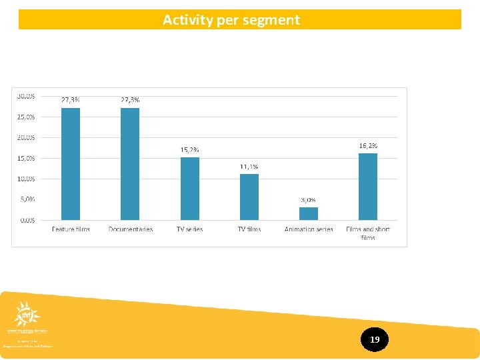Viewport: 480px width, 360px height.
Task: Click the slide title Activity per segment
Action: pos(231,20)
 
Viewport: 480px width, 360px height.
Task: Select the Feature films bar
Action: pos(71,164)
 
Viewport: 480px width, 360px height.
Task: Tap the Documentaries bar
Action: pos(130,164)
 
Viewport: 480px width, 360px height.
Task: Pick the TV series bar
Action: pos(190,189)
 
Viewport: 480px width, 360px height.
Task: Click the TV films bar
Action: pos(249,197)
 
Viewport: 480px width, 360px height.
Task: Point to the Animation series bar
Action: pos(309,213)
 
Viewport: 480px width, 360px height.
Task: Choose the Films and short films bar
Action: pos(368,187)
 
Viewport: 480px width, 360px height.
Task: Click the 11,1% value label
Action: pos(249,167)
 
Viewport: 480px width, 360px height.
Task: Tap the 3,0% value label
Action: pos(308,200)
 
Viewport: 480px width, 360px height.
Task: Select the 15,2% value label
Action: pos(190,150)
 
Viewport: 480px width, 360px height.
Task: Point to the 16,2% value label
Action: pos(368,145)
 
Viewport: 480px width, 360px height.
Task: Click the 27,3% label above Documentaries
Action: pos(130,100)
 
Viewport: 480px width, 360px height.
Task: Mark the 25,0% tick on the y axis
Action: pos(27,117)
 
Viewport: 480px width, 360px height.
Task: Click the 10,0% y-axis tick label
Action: pos(27,179)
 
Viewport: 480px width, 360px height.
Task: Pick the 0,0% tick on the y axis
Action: pos(27,220)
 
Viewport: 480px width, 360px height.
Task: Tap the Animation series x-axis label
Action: pos(309,229)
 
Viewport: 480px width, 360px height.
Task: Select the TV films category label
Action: pos(249,229)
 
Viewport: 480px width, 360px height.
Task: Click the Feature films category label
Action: pos(71,229)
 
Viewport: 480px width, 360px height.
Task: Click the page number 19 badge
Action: pos(375,340)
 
